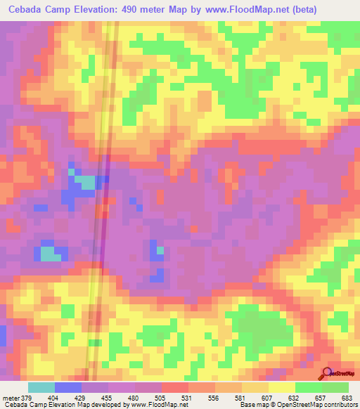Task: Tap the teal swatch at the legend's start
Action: (x=41, y=387)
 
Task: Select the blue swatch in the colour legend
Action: (x=68, y=387)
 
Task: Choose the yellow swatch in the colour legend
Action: (x=281, y=387)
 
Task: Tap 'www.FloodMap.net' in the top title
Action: (x=237, y=10)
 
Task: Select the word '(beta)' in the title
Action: (x=297, y=10)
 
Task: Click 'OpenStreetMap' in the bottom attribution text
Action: (x=300, y=405)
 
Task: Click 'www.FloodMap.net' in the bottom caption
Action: (x=155, y=405)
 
